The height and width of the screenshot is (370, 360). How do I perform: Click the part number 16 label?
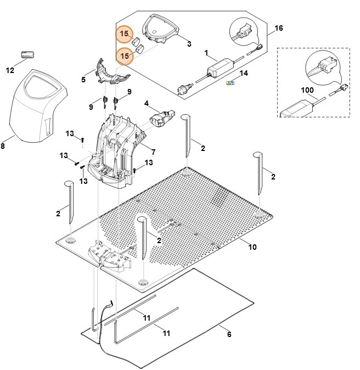279,28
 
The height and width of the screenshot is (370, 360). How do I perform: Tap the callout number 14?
244,74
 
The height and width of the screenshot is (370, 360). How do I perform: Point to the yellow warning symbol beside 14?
231,83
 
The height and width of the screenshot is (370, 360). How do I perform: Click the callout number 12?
10,70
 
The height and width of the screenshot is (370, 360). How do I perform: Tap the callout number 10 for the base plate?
252,247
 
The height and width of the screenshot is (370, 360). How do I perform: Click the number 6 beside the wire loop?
229,334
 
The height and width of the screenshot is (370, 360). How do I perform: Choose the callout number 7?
153,152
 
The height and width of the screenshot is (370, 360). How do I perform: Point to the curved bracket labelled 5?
112,72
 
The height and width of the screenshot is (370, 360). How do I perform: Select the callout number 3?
189,43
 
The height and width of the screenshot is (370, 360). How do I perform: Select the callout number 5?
83,80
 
